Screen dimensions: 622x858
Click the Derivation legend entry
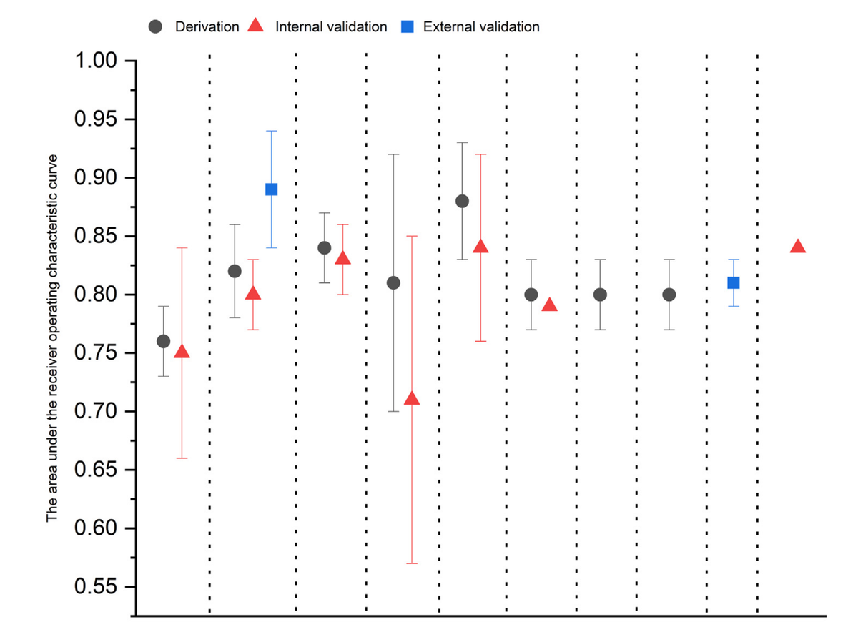pyautogui.click(x=207, y=27)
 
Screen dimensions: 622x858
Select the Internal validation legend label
pyautogui.click(x=330, y=27)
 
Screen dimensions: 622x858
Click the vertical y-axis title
pyautogui.click(x=53, y=337)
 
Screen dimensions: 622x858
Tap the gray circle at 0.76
pyautogui.click(x=163, y=341)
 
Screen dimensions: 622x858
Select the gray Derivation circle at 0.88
pyautogui.click(x=462, y=201)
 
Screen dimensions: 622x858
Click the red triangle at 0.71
pyautogui.click(x=412, y=398)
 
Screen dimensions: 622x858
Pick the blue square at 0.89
pyautogui.click(x=271, y=189)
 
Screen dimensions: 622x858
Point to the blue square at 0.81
pyautogui.click(x=733, y=282)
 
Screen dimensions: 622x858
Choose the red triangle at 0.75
pyautogui.click(x=182, y=352)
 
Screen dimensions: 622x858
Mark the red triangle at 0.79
pyautogui.click(x=549, y=305)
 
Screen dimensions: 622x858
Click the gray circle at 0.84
pyautogui.click(x=324, y=248)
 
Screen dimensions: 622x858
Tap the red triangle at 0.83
pyautogui.click(x=343, y=258)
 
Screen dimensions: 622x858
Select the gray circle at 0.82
pyautogui.click(x=235, y=271)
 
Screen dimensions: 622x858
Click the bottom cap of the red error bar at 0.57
pyautogui.click(x=412, y=563)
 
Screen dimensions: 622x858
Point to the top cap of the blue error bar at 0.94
pyautogui.click(x=271, y=132)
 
